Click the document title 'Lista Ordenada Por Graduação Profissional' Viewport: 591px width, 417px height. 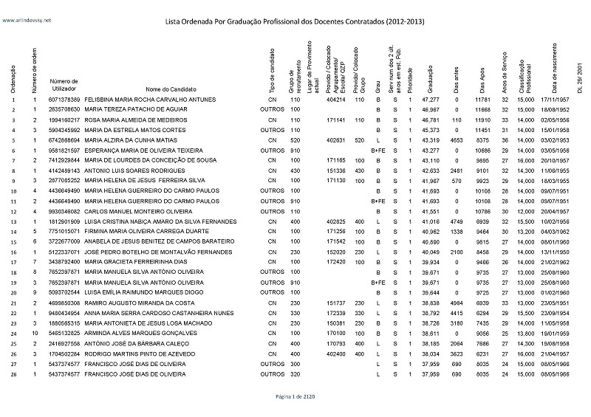[295, 21]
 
